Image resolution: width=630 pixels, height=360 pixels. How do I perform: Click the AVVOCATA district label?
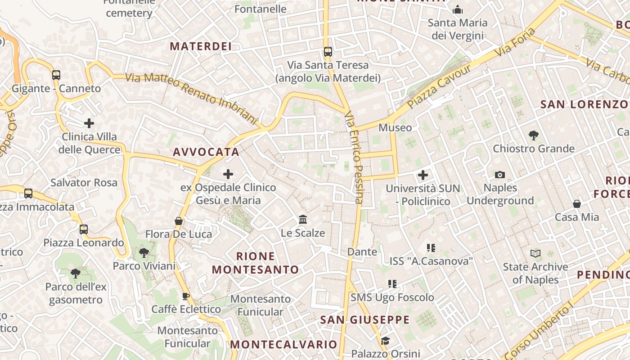[x=206, y=152]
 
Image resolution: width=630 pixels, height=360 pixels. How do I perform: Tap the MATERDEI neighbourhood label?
[x=201, y=46]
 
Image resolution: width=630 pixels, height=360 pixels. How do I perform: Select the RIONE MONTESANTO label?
[x=256, y=263]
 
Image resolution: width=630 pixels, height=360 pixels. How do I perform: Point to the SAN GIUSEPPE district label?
[x=365, y=320]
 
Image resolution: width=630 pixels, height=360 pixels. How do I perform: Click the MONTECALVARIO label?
[x=283, y=345]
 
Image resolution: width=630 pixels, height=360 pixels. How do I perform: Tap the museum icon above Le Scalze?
[x=303, y=220]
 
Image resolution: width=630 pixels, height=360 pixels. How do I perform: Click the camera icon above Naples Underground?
[x=499, y=175]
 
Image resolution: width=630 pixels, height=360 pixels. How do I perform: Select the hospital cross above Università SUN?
[x=423, y=175]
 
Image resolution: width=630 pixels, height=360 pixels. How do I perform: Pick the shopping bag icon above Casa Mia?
[x=577, y=204]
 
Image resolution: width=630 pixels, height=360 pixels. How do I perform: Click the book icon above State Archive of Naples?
[x=535, y=253]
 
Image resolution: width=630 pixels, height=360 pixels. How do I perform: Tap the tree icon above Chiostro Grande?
[x=534, y=135]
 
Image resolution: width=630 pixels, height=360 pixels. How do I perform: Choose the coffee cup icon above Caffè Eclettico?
[x=185, y=296]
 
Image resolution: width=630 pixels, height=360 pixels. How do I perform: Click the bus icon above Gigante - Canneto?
[x=56, y=75]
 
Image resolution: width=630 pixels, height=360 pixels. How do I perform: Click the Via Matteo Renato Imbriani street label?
[x=191, y=98]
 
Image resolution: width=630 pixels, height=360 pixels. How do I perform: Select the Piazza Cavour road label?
[x=439, y=86]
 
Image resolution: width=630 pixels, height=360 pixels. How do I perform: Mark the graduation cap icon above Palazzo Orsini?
[x=385, y=341]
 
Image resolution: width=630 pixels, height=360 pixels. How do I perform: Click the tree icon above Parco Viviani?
[x=144, y=252]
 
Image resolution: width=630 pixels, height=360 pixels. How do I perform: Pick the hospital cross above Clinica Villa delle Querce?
[x=89, y=123]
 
